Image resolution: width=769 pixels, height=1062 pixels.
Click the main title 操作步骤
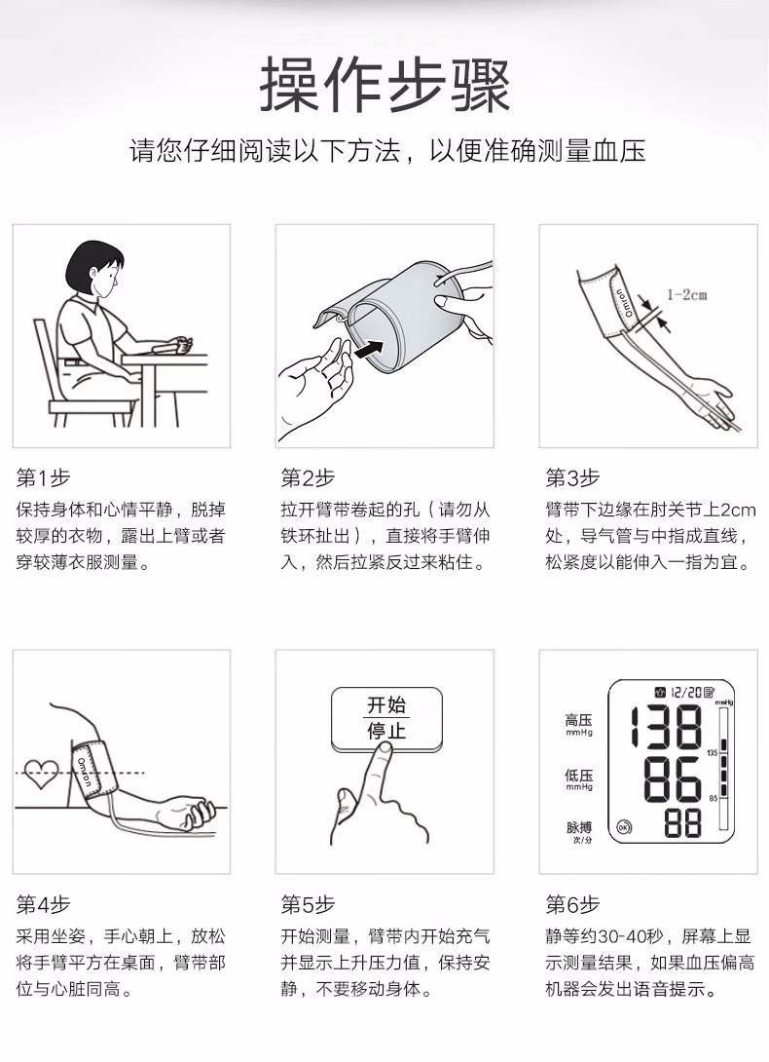tap(384, 86)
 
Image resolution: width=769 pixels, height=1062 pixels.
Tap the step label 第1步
tap(43, 478)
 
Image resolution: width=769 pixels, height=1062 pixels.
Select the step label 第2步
tap(308, 478)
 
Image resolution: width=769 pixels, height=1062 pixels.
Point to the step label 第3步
tap(572, 478)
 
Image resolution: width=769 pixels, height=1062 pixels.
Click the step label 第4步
tap(43, 904)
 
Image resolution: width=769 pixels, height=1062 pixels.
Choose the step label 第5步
tap(308, 904)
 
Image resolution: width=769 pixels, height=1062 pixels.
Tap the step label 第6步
tap(572, 904)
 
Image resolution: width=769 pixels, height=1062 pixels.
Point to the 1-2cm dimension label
tap(686, 294)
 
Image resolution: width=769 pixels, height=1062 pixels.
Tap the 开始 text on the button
tap(386, 705)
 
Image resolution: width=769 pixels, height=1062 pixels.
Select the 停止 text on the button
tap(386, 731)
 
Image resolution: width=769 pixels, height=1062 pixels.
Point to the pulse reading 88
tap(682, 823)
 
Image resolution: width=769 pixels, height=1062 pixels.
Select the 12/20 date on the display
tap(686, 692)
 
